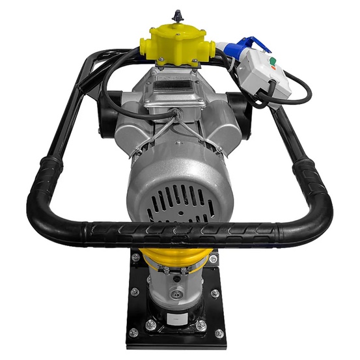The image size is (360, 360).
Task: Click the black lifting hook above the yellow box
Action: (176, 14)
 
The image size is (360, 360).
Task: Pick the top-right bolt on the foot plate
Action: (214, 259)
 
